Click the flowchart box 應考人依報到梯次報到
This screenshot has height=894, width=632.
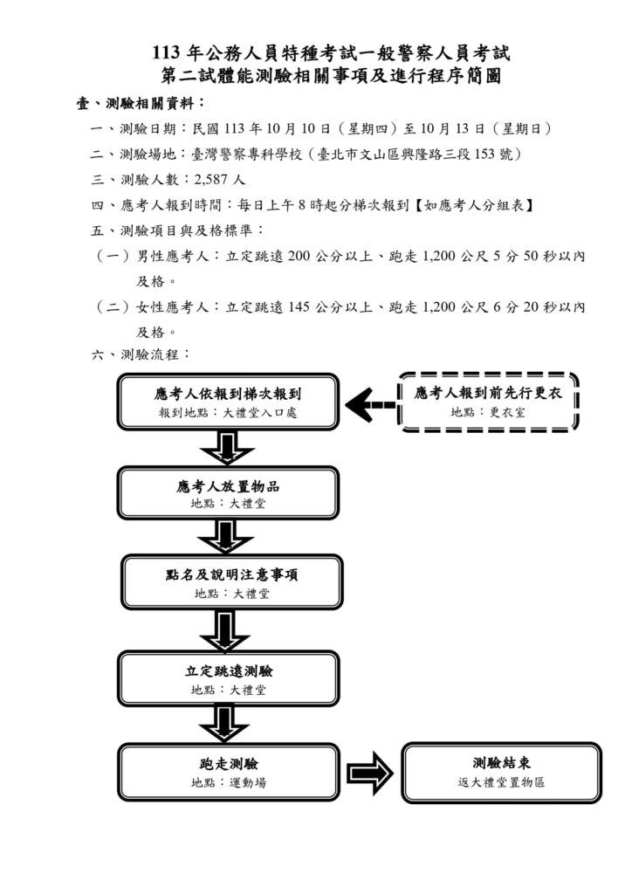[x=228, y=402]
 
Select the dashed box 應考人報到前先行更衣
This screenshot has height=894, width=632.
[x=488, y=402]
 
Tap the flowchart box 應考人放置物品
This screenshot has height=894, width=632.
[x=228, y=494]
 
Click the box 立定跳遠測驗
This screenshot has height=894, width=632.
[x=229, y=679]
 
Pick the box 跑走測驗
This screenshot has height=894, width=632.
[x=229, y=772]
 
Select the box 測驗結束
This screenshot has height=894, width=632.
[x=501, y=772]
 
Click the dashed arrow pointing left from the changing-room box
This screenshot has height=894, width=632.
[x=369, y=404]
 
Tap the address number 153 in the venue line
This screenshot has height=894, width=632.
[x=498, y=154]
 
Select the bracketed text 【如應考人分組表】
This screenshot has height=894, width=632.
[x=477, y=205]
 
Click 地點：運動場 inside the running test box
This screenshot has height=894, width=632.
[x=229, y=782]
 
